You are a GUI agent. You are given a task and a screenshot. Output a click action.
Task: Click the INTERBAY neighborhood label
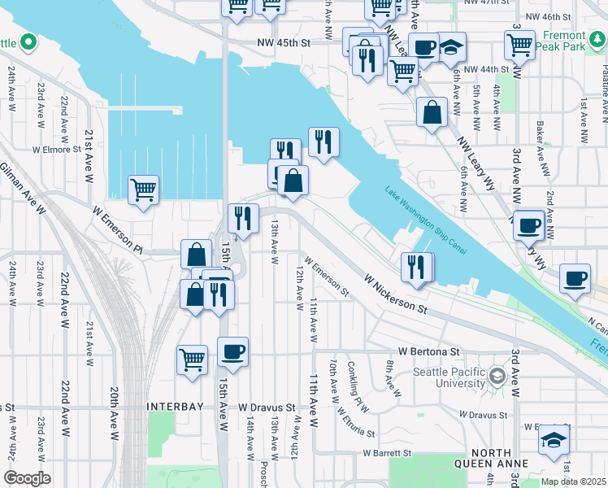(177, 405)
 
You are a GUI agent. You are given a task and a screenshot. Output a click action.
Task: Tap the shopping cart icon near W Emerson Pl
(144, 190)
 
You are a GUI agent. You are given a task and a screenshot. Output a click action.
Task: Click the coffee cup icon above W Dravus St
(232, 351)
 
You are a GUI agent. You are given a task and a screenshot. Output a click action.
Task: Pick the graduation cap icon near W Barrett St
(554, 439)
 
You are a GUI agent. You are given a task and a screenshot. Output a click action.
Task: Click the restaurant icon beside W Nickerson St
(415, 266)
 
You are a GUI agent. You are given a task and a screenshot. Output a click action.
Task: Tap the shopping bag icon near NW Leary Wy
(432, 112)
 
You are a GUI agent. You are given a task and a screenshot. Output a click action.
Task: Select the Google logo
(27, 478)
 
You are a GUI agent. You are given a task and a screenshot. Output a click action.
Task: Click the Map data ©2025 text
(573, 481)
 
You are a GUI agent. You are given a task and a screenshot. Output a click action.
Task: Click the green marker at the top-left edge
(27, 41)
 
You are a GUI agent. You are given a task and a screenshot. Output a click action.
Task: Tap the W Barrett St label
(389, 453)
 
